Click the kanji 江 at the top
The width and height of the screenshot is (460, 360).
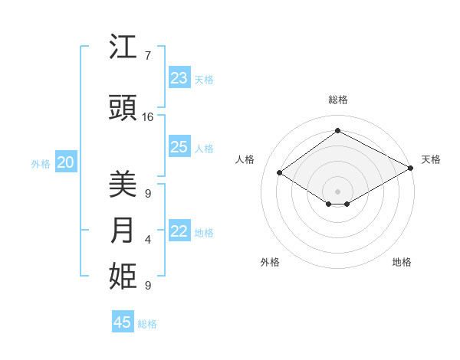point(123,48)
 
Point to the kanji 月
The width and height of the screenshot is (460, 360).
point(123,231)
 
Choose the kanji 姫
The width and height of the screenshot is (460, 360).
point(123,277)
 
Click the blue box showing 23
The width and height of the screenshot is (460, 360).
point(179,78)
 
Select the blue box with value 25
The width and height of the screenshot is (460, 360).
point(179,147)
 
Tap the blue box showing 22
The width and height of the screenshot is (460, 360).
point(179,231)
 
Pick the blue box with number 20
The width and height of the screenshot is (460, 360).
point(66,162)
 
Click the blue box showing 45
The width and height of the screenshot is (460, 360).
point(123,322)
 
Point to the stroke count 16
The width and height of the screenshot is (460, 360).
point(148,117)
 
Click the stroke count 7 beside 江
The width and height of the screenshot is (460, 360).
point(147,56)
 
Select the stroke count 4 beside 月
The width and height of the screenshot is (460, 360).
point(147,240)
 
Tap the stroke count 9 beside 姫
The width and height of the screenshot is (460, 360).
point(147,285)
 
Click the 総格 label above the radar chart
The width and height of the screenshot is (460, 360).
point(337,100)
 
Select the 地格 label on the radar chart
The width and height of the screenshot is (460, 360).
point(402,262)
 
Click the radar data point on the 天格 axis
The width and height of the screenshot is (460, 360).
point(411,169)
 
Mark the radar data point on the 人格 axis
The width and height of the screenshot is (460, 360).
point(280,173)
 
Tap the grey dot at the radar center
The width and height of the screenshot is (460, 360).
point(337,190)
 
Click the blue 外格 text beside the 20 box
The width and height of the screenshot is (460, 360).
point(41,163)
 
